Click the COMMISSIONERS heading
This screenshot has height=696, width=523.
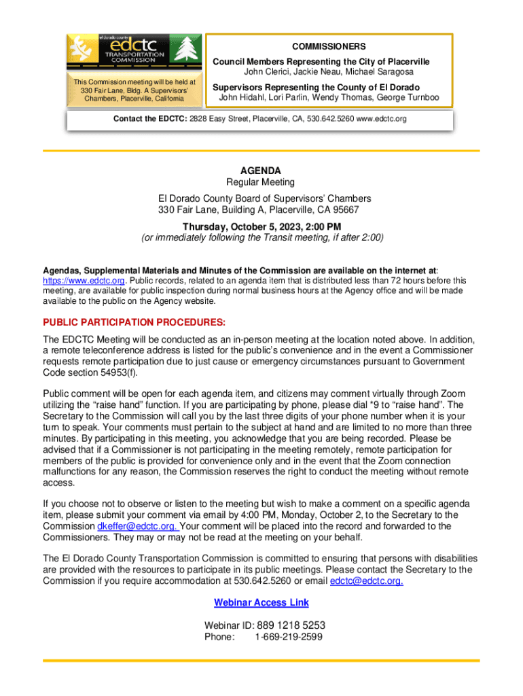pos(329,47)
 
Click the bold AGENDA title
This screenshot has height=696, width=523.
pos(261,171)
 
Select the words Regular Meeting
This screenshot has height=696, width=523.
pos(261,182)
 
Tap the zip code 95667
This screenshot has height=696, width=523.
pos(346,210)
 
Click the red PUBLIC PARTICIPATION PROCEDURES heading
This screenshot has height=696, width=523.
pos(134,322)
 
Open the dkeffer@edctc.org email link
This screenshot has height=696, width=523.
pos(138,526)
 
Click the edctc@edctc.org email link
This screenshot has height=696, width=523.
pos(366,581)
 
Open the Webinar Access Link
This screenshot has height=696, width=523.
pos(261,603)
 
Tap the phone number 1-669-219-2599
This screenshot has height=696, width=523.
pos(289,637)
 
